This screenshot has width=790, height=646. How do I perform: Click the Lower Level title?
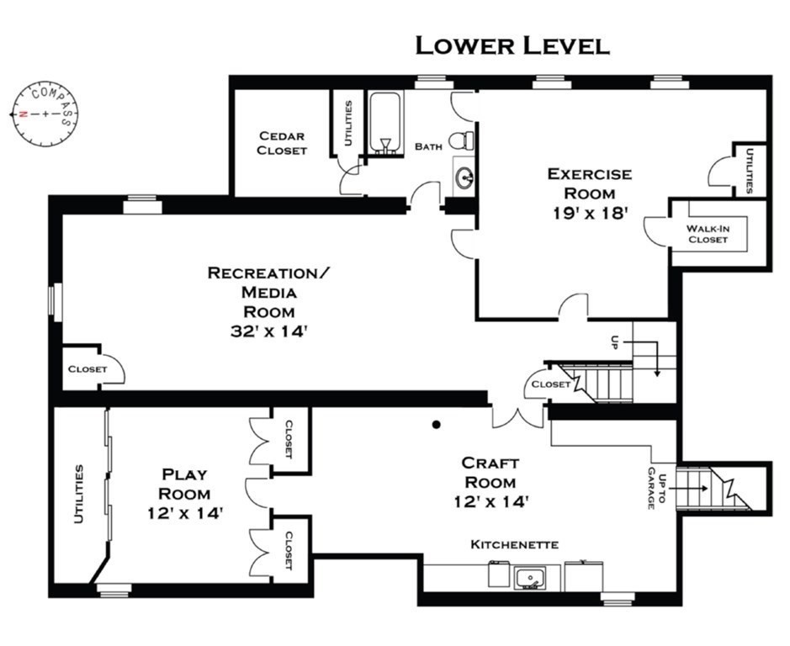click(x=512, y=45)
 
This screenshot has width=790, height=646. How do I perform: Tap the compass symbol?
click(x=45, y=114)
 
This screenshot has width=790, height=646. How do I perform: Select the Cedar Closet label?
click(x=282, y=143)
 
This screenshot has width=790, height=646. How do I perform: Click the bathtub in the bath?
click(x=385, y=121)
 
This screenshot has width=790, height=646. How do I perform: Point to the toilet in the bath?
click(x=461, y=140)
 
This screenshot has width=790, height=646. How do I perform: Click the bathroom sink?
click(x=464, y=177)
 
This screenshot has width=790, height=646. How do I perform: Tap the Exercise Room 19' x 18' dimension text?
click(x=590, y=213)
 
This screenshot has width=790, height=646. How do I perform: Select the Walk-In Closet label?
click(x=708, y=234)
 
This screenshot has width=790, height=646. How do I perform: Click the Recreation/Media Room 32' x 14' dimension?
click(x=269, y=331)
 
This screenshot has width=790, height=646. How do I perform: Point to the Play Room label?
click(x=184, y=484)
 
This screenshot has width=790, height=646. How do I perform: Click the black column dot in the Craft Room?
click(x=437, y=424)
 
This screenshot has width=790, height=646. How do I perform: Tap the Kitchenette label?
click(x=514, y=545)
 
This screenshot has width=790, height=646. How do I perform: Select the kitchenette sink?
click(x=529, y=578)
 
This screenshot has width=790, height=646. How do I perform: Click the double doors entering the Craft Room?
click(x=518, y=416)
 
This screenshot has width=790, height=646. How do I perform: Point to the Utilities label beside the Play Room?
click(x=78, y=495)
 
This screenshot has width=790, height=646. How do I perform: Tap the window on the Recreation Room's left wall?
click(x=56, y=302)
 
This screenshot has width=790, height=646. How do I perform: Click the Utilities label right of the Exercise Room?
click(x=749, y=170)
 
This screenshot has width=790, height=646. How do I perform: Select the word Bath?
click(x=428, y=146)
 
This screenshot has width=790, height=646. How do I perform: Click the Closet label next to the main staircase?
click(x=551, y=384)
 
